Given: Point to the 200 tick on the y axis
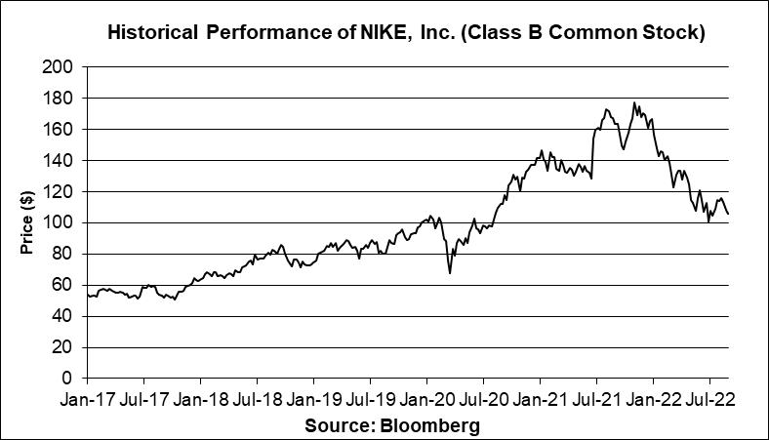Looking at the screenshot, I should click(61, 66).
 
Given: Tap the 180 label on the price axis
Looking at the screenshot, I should click(61, 98).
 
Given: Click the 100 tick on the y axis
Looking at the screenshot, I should click(61, 222).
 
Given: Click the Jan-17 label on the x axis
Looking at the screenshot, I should click(88, 399).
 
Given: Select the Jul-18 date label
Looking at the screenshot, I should click(257, 399).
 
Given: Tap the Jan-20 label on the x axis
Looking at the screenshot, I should click(426, 399).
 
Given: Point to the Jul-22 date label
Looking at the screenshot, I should click(708, 399).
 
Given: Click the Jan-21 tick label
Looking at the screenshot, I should click(540, 399).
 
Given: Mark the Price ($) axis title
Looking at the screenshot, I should click(27, 222).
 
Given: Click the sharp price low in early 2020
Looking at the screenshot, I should click(450, 272).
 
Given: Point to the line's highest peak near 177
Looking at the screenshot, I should click(634, 102).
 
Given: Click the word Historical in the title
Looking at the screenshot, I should click(152, 33).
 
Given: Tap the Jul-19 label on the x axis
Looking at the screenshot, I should click(370, 399).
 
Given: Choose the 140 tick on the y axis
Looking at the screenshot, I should click(61, 160).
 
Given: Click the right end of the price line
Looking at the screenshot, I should click(728, 214).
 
